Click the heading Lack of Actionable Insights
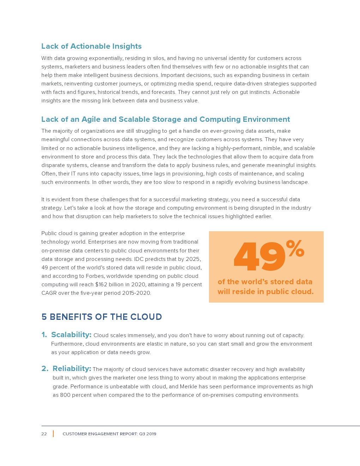(x=91, y=46)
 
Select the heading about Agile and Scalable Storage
(x=166, y=119)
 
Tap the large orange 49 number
(x=259, y=257)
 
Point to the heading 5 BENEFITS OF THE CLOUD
(x=102, y=317)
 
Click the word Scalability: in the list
(x=71, y=335)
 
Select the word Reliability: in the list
(x=72, y=369)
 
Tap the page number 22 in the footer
(x=44, y=434)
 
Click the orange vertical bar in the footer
(x=53, y=434)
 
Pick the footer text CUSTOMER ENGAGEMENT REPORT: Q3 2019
(x=109, y=434)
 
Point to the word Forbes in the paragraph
(x=95, y=276)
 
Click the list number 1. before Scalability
(x=44, y=335)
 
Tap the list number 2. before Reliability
(x=45, y=369)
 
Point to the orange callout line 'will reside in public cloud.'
(x=265, y=292)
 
